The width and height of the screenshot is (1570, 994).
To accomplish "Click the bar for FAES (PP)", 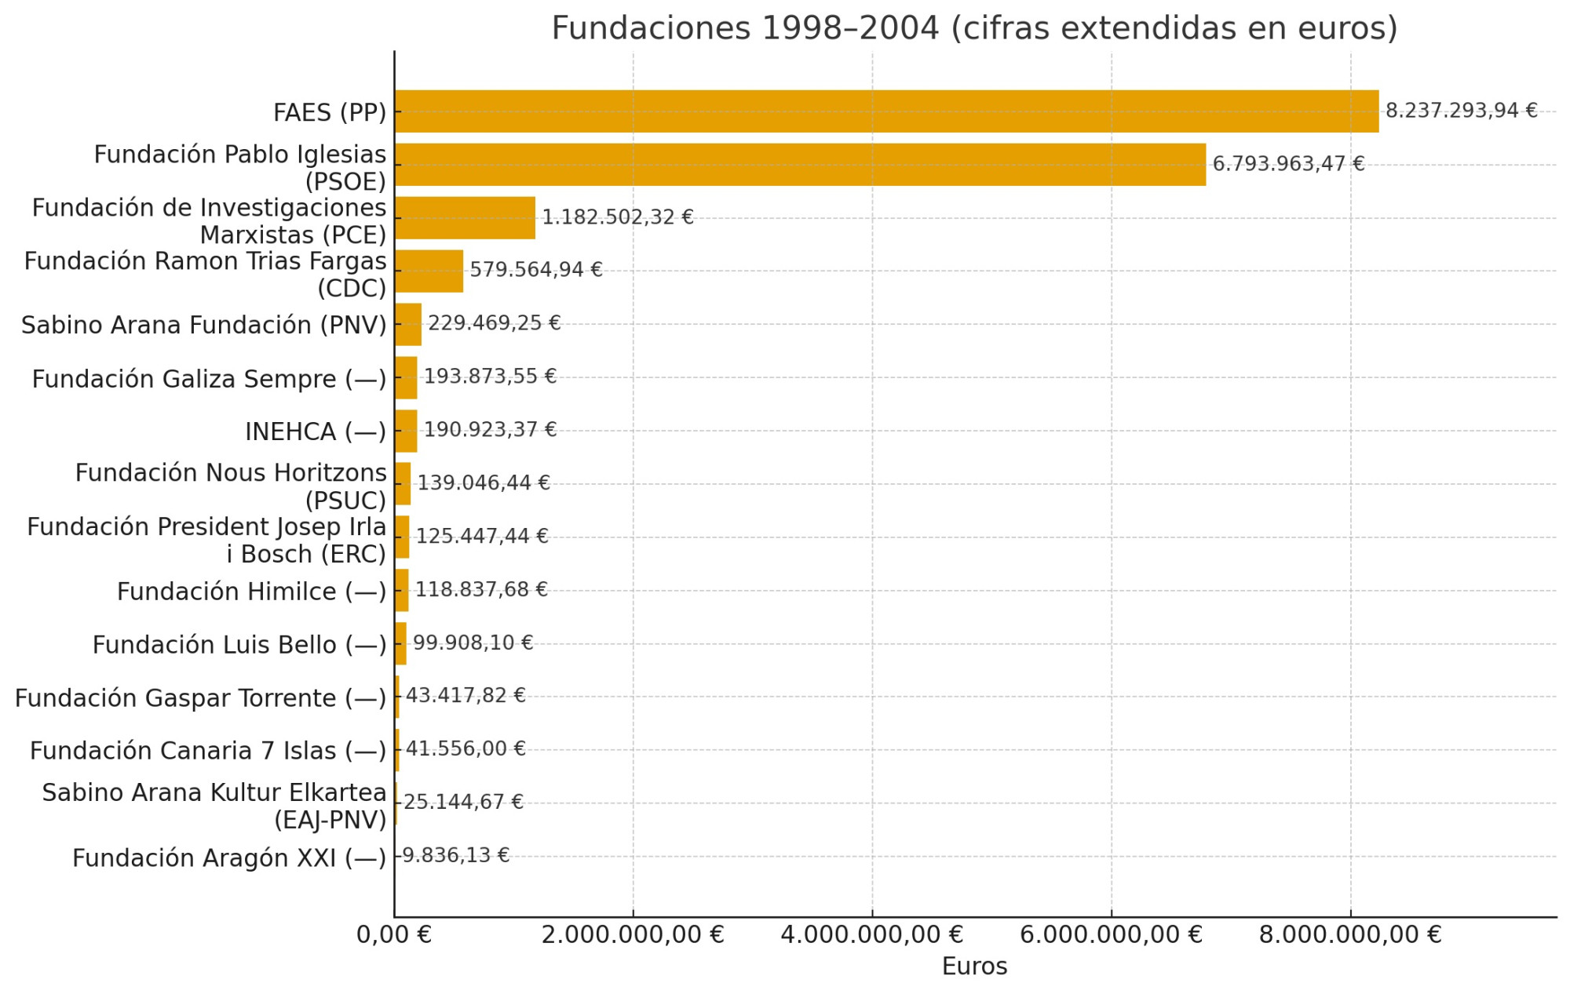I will [x=885, y=111].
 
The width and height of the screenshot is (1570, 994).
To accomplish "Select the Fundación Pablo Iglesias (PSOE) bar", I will [x=799, y=165].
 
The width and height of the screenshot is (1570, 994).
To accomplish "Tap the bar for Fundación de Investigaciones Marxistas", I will [x=465, y=218].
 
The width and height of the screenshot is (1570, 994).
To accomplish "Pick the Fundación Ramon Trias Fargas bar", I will [x=429, y=271].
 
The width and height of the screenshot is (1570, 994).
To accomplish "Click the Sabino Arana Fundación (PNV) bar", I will [x=408, y=324].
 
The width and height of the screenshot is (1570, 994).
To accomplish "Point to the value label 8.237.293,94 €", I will [x=1461, y=111].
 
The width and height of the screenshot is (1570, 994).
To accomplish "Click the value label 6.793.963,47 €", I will [x=1288, y=164].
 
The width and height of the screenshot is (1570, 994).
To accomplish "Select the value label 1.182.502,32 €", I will [x=618, y=217].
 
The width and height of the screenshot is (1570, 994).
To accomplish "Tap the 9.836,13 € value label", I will [x=455, y=855].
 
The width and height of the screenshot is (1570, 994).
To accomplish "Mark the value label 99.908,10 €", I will [x=473, y=643].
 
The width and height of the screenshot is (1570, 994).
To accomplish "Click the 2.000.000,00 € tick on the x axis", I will [x=633, y=935].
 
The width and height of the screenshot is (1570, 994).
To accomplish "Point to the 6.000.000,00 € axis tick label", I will [x=1111, y=935].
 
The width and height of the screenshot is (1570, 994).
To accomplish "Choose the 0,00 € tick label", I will [x=394, y=935].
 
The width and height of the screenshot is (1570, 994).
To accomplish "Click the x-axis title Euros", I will [x=974, y=967].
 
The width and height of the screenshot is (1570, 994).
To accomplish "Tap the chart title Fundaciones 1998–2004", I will [x=974, y=28].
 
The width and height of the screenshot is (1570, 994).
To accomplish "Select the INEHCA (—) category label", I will [x=316, y=431].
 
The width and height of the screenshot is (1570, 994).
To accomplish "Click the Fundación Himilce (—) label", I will [x=251, y=592].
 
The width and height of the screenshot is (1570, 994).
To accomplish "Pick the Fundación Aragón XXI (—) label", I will [x=229, y=858].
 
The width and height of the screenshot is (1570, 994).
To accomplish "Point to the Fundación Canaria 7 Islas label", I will [x=208, y=751].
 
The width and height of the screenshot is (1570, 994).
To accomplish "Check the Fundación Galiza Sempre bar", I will [x=406, y=377].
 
